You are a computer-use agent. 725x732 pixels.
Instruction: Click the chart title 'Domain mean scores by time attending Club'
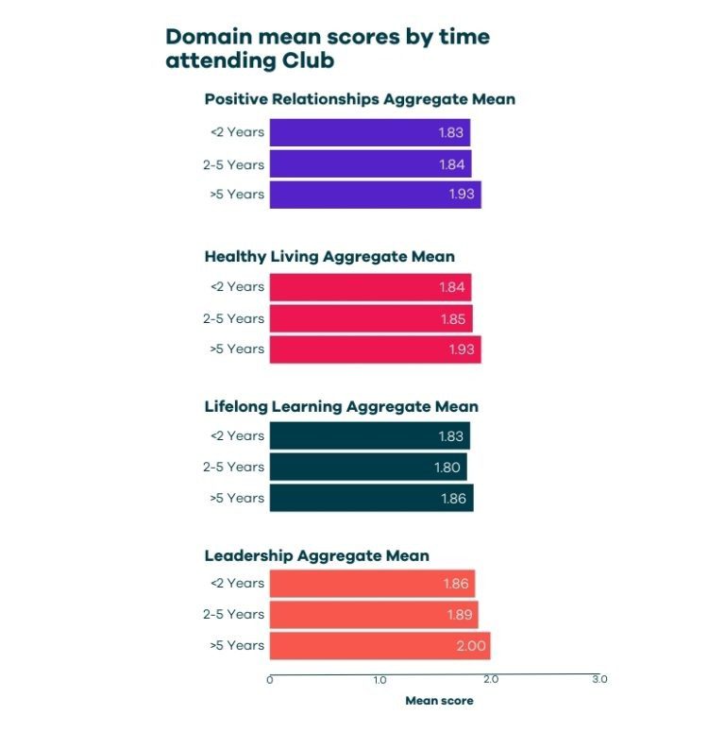tap(328, 48)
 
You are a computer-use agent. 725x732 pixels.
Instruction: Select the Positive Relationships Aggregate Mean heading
tap(360, 99)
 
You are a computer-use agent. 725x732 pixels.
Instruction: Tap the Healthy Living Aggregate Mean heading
tap(329, 256)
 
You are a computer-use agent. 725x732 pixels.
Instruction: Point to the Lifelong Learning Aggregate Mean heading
tap(341, 407)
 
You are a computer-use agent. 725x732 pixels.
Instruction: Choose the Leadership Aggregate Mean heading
tap(316, 556)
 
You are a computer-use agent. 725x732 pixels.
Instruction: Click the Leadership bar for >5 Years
tap(379, 646)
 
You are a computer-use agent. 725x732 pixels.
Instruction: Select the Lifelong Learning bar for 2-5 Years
tap(367, 467)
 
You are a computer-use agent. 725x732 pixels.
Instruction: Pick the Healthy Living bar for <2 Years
tap(370, 287)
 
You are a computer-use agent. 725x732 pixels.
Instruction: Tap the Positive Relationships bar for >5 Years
tap(375, 195)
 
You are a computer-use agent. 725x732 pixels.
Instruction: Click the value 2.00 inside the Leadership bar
tap(469, 646)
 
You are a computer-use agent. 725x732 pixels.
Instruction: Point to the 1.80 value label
tap(447, 467)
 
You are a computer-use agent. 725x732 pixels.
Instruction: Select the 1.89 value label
tap(456, 614)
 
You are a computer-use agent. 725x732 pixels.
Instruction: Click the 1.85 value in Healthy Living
tap(452, 319)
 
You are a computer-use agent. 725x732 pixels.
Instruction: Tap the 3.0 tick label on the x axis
tap(599, 680)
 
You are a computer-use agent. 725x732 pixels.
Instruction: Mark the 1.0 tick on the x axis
tap(379, 680)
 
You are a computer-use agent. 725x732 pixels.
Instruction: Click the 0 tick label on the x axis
tap(270, 680)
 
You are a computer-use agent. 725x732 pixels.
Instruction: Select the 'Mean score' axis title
tap(439, 702)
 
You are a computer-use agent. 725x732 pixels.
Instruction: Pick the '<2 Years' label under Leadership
tap(236, 584)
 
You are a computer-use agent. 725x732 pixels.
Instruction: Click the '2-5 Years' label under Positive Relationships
tap(233, 164)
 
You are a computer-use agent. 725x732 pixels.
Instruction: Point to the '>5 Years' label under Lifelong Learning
tap(236, 498)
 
